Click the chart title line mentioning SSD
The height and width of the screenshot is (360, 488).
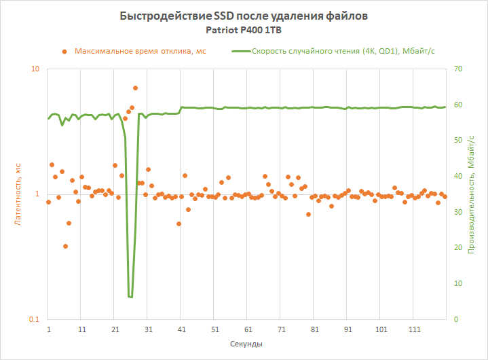tap(244, 16)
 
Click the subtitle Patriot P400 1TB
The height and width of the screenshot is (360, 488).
tap(244, 31)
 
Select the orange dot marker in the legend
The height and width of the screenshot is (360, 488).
tap(64, 51)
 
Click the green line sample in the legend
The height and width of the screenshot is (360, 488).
tap(240, 51)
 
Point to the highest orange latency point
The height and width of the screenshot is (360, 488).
tap(135, 88)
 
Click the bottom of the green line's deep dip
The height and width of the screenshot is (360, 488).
tap(130, 297)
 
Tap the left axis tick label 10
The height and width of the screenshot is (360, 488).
tap(35, 69)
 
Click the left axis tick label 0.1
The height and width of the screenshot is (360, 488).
tap(33, 319)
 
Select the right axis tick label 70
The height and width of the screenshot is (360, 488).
tap(457, 69)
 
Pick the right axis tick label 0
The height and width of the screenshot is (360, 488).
tap(455, 319)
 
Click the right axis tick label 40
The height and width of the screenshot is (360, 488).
tap(457, 176)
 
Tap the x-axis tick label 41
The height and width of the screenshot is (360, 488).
tap(181, 329)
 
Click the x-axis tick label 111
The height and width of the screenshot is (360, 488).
tap(414, 329)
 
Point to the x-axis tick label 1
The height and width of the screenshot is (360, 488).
tap(49, 329)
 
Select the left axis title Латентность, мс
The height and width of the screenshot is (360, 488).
tap(19, 194)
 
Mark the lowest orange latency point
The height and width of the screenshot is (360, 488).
tap(65, 247)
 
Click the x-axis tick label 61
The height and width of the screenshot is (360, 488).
tap(248, 329)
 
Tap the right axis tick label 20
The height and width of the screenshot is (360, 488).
tap(457, 248)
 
